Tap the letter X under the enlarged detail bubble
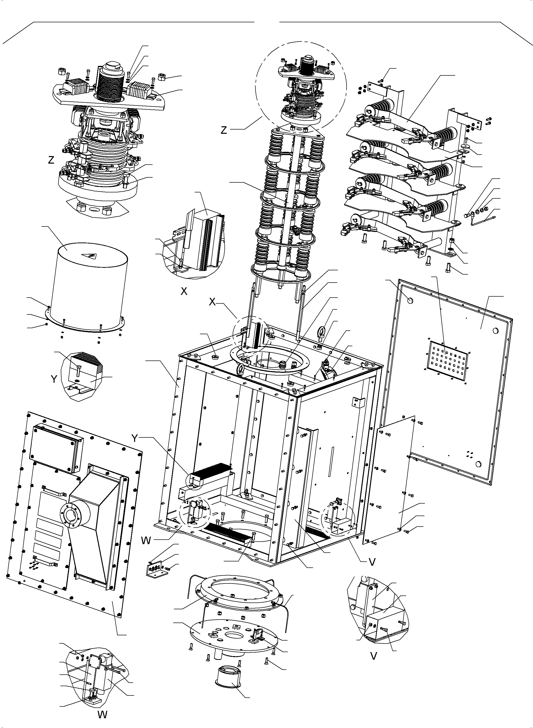(x=184, y=291)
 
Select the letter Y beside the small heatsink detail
(x=54, y=379)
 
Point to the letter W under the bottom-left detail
(x=102, y=715)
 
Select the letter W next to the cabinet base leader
(x=146, y=541)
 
